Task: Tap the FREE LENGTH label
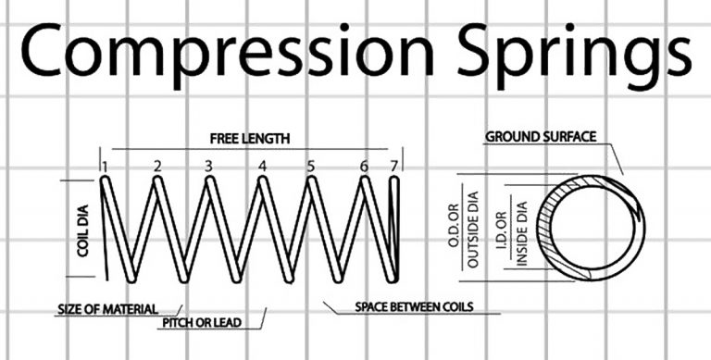[x=250, y=139]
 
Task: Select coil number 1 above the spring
[x=106, y=167]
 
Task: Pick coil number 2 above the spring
[x=157, y=167]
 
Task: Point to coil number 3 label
[x=209, y=167]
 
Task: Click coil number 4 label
[x=263, y=167]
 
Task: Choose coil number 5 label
[x=311, y=167]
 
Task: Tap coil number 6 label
[x=364, y=167]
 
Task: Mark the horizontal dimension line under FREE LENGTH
[x=250, y=148]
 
